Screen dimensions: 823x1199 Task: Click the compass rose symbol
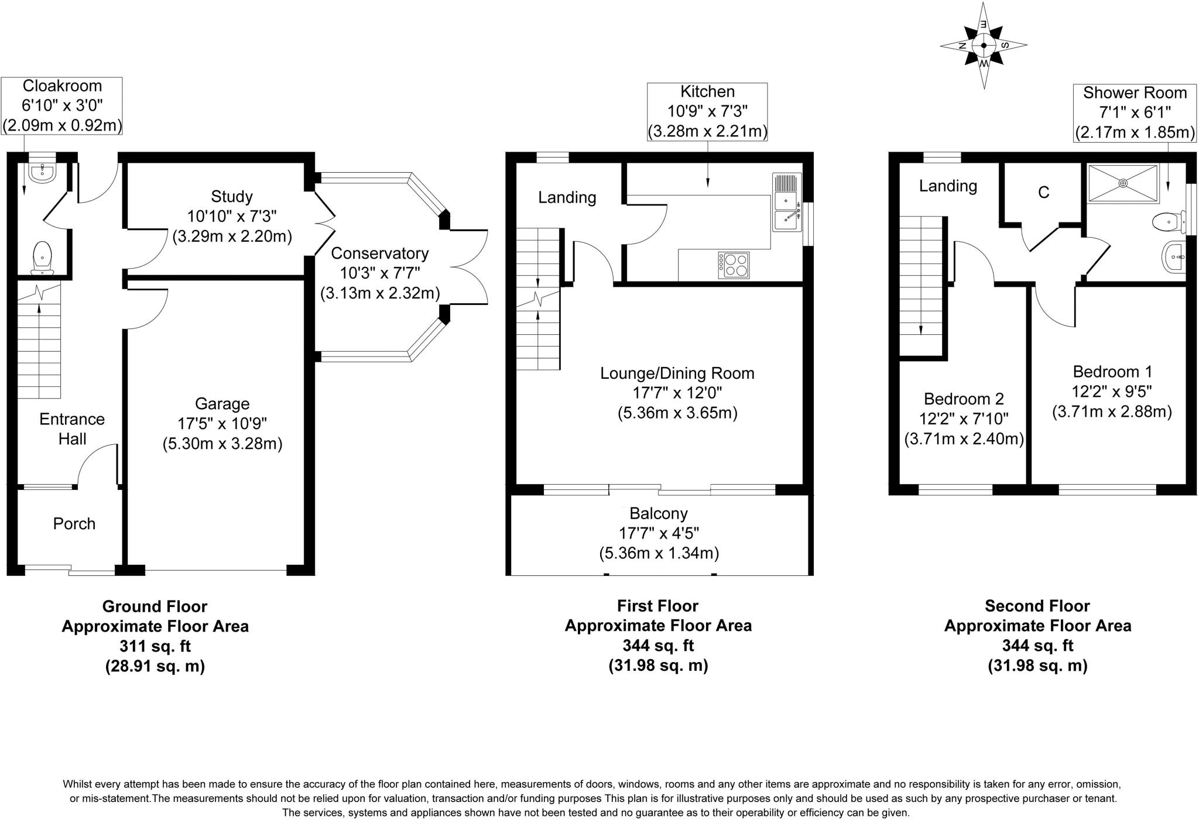tap(984, 45)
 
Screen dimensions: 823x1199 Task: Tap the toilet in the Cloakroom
tap(41, 258)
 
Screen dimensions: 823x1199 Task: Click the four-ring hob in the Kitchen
tap(734, 265)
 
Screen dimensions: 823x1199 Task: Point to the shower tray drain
tap(1123, 183)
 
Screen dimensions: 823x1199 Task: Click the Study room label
tap(232, 196)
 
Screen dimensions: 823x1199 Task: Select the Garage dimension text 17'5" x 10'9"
tap(222, 423)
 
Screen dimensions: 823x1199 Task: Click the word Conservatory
tap(379, 253)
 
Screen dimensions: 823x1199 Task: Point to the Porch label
tap(74, 523)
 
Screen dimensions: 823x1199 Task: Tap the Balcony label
tap(659, 513)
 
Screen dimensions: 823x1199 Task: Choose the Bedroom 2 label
tap(964, 399)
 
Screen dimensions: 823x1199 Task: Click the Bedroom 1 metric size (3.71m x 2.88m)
tap(1112, 411)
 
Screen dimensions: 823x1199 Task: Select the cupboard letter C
tap(1043, 192)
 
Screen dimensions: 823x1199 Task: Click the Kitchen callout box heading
tap(707, 91)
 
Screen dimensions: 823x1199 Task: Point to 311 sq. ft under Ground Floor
tap(155, 646)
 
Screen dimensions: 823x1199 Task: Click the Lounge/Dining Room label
tap(677, 373)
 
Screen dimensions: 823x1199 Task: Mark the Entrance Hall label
tap(72, 428)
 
